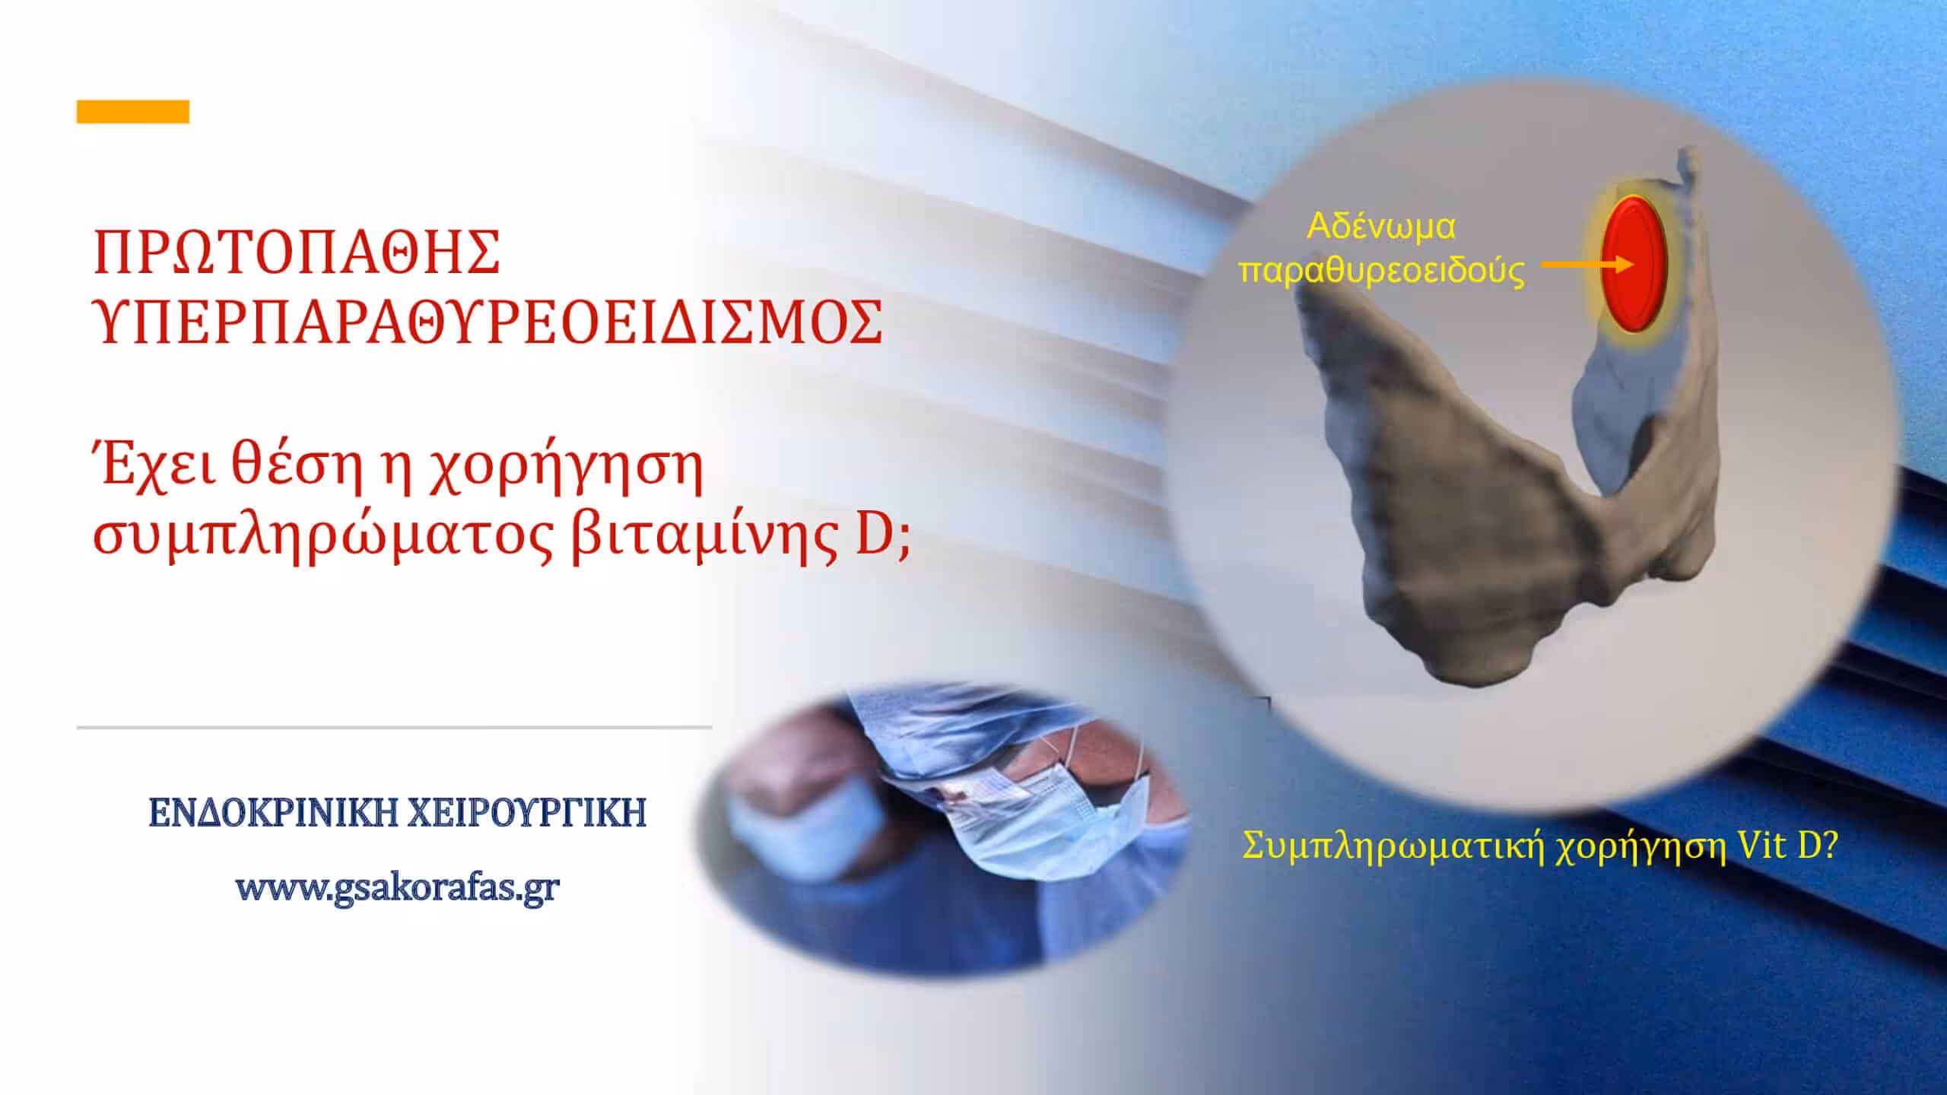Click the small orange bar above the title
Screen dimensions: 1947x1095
point(133,112)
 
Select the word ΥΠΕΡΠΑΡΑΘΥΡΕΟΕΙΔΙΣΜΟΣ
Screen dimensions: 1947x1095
point(488,322)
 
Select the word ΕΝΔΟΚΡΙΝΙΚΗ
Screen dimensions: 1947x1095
point(272,812)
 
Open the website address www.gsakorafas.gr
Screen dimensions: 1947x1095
point(398,887)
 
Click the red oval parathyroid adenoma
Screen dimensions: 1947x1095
point(1634,275)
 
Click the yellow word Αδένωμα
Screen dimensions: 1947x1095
point(1381,227)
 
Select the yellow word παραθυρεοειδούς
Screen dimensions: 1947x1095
point(1382,271)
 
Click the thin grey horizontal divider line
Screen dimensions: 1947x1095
point(394,728)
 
